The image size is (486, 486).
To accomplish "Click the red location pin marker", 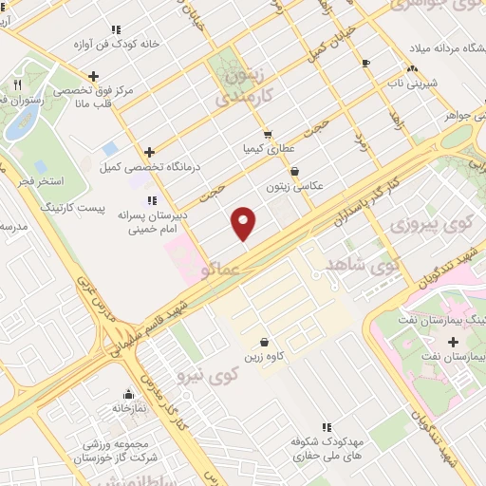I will pyautogui.click(x=244, y=223).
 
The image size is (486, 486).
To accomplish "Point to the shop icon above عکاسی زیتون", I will pyautogui.click(x=296, y=172).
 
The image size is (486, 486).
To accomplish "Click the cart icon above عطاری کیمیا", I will pyautogui.click(x=269, y=135).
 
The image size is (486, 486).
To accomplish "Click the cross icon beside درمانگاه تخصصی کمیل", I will pyautogui.click(x=149, y=152).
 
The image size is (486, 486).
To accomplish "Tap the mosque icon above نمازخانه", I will pyautogui.click(x=128, y=394).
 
